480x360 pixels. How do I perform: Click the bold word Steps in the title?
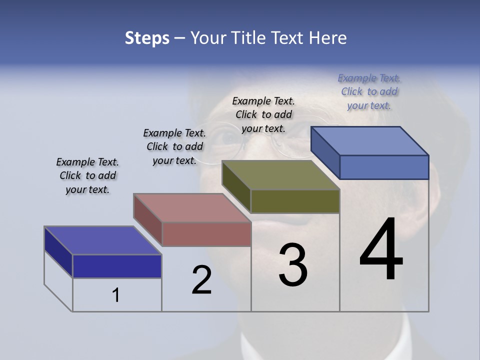tap(147, 38)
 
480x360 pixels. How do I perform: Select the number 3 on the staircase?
tap(293, 265)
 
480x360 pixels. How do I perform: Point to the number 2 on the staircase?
tap(201, 280)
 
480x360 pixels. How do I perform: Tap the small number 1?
tap(116, 295)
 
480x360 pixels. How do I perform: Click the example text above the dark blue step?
tap(87, 175)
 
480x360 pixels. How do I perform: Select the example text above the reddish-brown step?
tap(174, 146)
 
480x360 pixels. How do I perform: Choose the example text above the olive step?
tap(263, 114)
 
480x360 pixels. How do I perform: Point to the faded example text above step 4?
tap(369, 91)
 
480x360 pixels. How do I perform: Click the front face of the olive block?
tap(295, 201)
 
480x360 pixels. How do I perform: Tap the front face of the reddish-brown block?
tap(206, 234)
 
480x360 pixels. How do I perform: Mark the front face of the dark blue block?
tap(117, 266)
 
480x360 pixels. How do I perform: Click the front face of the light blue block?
tap(384, 167)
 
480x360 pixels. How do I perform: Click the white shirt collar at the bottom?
tap(400, 345)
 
